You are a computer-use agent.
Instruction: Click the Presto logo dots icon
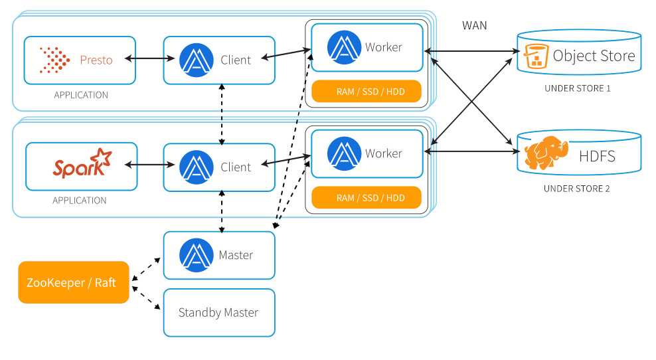(54, 60)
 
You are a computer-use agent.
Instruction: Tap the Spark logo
(82, 163)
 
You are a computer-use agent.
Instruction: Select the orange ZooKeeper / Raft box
(74, 282)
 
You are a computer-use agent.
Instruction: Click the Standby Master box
(219, 313)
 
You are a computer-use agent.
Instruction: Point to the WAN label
(475, 25)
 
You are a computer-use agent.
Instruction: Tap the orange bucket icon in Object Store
(536, 56)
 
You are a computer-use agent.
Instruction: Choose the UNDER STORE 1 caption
(578, 88)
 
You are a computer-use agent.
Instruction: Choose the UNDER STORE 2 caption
(576, 189)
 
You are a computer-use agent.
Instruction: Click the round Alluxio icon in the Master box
(197, 255)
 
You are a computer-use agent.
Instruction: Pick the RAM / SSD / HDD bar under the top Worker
(367, 91)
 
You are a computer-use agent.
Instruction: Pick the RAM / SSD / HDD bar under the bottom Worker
(367, 197)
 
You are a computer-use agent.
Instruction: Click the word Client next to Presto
(236, 60)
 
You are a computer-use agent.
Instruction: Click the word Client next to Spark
(236, 167)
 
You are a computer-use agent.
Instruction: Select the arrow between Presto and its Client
(149, 58)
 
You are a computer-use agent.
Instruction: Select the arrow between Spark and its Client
(149, 165)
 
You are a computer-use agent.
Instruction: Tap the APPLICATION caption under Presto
(81, 95)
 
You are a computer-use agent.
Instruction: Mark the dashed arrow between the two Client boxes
(222, 114)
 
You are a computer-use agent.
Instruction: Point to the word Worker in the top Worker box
(383, 47)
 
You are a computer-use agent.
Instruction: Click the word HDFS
(597, 157)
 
